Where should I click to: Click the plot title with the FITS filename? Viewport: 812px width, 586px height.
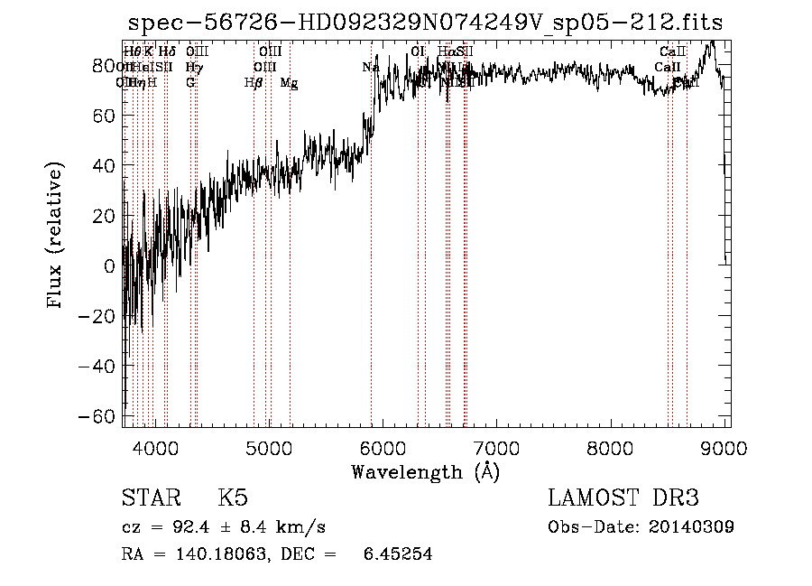click(425, 22)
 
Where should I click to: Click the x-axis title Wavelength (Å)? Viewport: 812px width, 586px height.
click(425, 471)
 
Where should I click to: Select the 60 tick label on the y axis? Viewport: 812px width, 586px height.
click(105, 116)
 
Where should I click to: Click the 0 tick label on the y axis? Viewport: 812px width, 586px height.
click(110, 265)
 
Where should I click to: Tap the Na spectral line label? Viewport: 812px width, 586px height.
click(370, 67)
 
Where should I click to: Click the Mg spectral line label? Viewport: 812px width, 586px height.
click(289, 83)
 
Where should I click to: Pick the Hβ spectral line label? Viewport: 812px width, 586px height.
click(254, 83)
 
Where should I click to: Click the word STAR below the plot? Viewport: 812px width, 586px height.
click(149, 498)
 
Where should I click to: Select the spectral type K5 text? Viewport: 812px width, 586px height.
click(233, 498)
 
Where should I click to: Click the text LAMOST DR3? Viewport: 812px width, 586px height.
click(623, 498)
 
